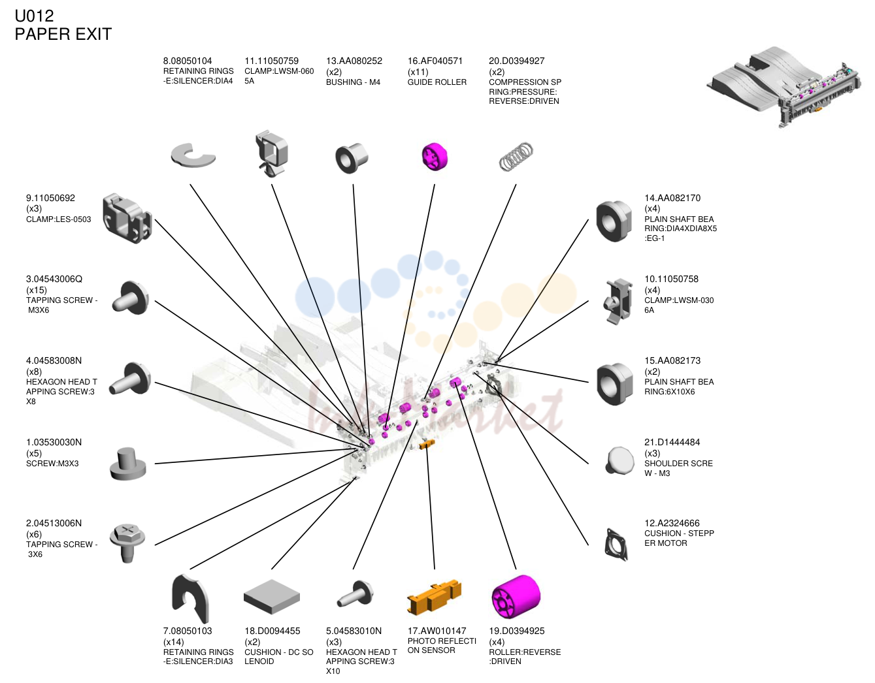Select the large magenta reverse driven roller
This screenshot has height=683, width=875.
point(516,597)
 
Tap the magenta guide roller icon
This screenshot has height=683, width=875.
point(435,156)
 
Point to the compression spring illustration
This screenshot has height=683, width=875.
point(516,157)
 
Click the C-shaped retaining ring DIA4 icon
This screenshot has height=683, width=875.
point(193,155)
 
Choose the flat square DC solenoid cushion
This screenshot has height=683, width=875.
point(272,596)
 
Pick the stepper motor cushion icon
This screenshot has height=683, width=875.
point(616,545)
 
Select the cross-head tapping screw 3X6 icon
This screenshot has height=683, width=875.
point(127,543)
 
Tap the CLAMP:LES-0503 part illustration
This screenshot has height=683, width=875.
point(127,218)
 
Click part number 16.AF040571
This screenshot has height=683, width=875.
point(435,61)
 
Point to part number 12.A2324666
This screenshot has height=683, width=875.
point(672,523)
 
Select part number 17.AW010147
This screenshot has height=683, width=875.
point(437,631)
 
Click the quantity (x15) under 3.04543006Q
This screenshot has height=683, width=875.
point(37,290)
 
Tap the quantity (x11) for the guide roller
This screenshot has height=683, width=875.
point(418,72)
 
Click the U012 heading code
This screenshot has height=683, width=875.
point(34,16)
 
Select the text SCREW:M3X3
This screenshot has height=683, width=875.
point(52,464)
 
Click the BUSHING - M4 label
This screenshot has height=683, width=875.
point(353,82)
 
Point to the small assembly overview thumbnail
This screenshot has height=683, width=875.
point(784,87)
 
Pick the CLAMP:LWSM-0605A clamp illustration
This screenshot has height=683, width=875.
point(271,153)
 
